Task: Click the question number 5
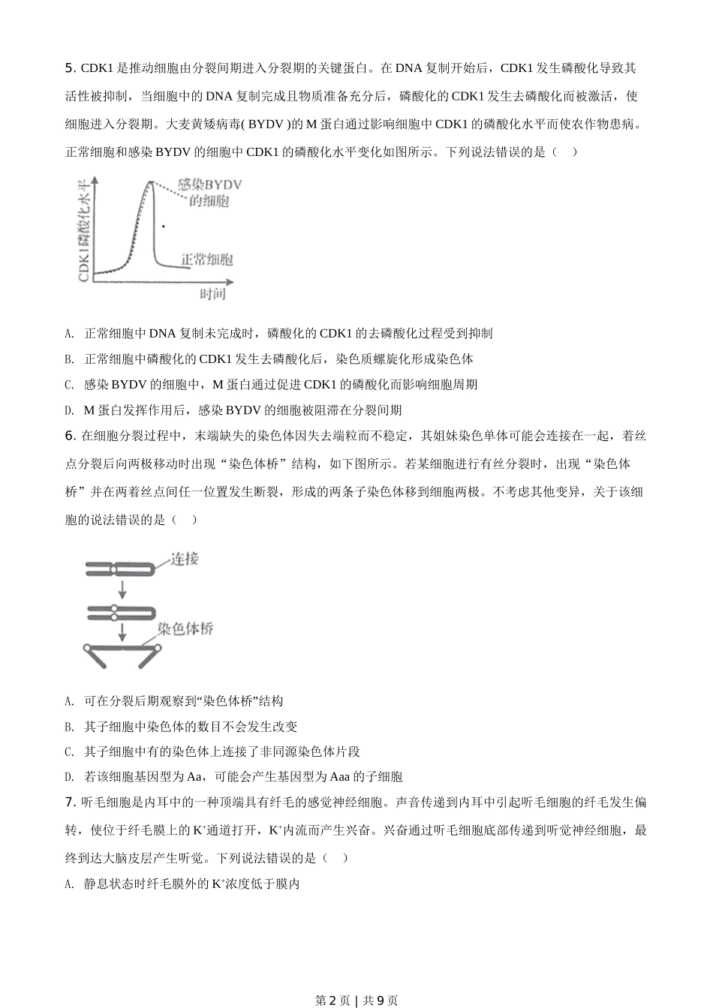click(x=70, y=68)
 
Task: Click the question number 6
click(x=70, y=436)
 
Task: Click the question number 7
click(x=70, y=802)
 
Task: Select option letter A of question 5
click(x=69, y=334)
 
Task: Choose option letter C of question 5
click(x=69, y=385)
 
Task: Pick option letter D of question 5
click(x=69, y=410)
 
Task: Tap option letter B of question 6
click(x=69, y=727)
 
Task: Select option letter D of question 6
click(x=69, y=777)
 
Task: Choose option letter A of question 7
click(x=69, y=884)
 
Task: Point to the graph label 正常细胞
click(x=206, y=259)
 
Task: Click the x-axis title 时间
click(x=212, y=294)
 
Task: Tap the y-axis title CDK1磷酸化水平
click(x=85, y=229)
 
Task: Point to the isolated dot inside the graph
click(x=164, y=225)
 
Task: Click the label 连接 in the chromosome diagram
click(x=184, y=559)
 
